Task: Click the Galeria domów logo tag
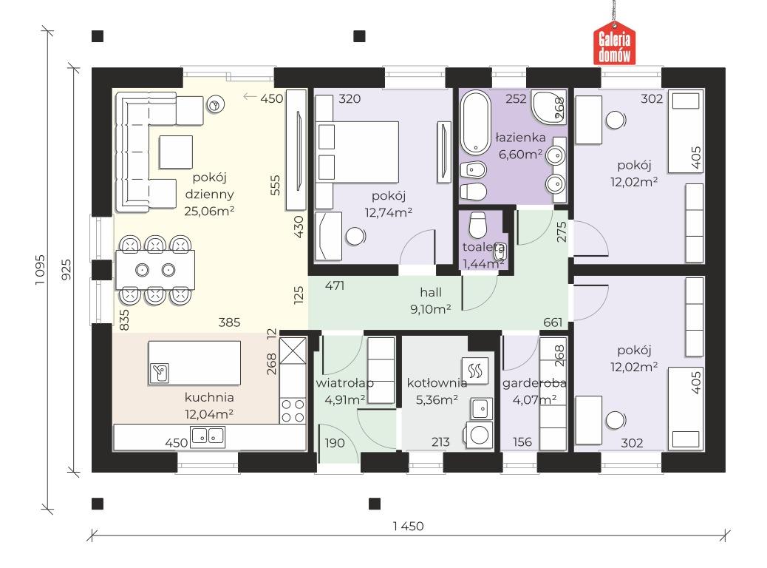[x=614, y=44]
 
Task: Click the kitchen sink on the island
[x=160, y=373]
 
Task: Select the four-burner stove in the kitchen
[x=293, y=410]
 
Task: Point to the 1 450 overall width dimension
[x=409, y=527]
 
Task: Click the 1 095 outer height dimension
[x=40, y=269]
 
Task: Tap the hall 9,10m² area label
[x=431, y=309]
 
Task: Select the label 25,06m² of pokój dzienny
[x=209, y=211]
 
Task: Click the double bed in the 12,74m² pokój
[x=357, y=152]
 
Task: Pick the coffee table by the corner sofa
[x=176, y=152]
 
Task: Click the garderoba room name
[x=534, y=383]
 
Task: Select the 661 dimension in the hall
[x=553, y=322]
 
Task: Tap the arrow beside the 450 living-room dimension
[x=250, y=97]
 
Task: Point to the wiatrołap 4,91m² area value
[x=345, y=400]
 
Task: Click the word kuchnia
[x=209, y=397]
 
